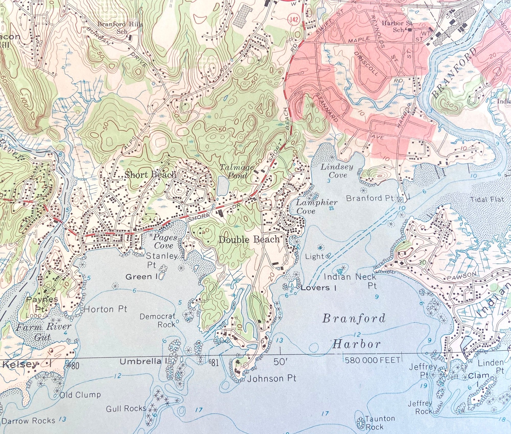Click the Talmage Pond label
click(237, 171)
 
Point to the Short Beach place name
click(150, 175)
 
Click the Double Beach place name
click(249, 239)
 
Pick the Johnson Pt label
click(272, 378)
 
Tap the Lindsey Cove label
click(337, 171)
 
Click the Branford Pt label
click(370, 198)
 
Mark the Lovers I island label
click(318, 288)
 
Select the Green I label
click(142, 276)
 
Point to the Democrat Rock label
click(158, 320)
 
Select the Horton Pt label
click(105, 309)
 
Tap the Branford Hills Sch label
click(120, 28)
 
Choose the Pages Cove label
click(165, 242)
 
